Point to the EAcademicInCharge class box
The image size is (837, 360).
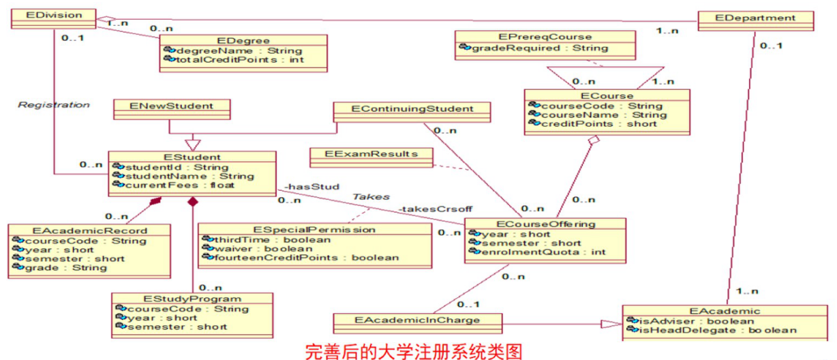pyautogui.click(x=417, y=320)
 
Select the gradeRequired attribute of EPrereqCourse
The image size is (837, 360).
pyautogui.click(x=529, y=48)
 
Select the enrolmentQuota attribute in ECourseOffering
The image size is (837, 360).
pyautogui.click(x=542, y=252)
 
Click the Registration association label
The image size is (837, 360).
pyautogui.click(x=53, y=105)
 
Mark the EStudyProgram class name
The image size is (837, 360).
pyautogui.click(x=193, y=299)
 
